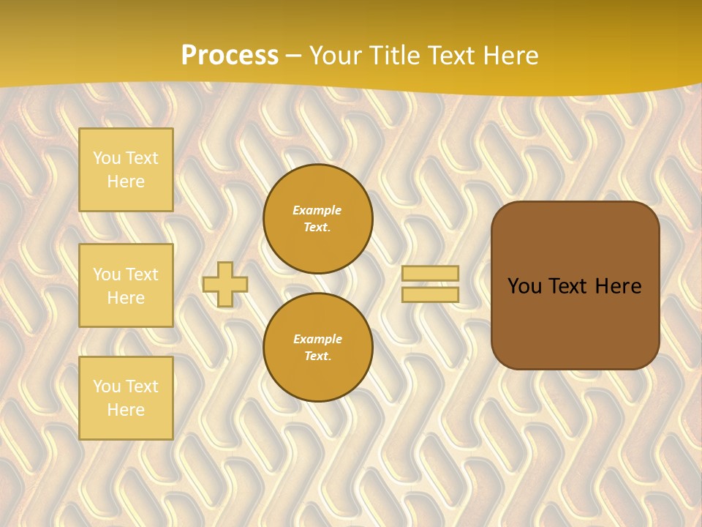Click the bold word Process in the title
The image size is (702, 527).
[x=230, y=56]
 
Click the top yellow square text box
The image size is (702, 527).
[x=126, y=170]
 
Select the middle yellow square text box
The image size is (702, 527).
[x=126, y=285]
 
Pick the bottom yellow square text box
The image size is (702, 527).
[x=126, y=398]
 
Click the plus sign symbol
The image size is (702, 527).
[x=225, y=284]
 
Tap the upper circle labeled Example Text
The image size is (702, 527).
[x=317, y=219]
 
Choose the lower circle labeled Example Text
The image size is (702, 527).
[x=317, y=348]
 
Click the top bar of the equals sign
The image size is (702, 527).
[x=431, y=273]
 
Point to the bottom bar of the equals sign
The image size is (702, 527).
[x=431, y=294]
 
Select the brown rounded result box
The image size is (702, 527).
[x=575, y=322]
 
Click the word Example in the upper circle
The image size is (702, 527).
[x=317, y=210]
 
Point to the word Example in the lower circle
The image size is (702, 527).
[x=317, y=339]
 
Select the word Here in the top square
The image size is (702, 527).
[x=126, y=182]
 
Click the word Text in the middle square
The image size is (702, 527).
[x=141, y=274]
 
